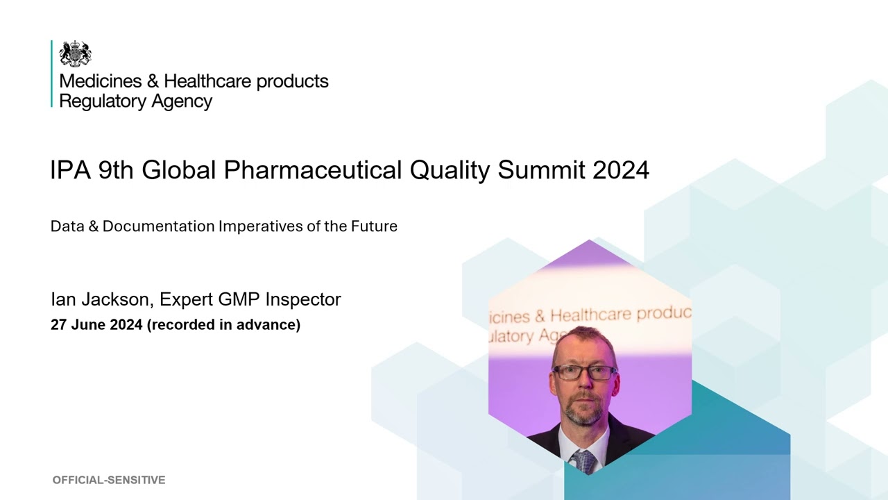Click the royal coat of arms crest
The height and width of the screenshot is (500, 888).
point(76,53)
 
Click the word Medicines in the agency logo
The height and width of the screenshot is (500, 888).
point(101,81)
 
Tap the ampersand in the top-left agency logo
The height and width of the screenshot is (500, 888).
point(153,81)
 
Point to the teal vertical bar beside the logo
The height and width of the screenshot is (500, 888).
point(51,74)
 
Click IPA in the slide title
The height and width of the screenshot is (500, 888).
point(71,170)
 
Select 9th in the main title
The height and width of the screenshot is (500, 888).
point(116,170)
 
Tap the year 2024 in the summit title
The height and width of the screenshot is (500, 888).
point(621,170)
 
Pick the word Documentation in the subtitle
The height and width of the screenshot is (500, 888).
point(159,226)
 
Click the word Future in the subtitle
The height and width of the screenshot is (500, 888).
point(374,226)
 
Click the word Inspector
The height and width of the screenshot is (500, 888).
point(303,299)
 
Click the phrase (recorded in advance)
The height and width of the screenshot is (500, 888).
point(223,324)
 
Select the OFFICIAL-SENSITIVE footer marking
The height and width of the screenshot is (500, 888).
point(109,480)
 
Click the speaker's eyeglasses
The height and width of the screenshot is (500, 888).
point(585,372)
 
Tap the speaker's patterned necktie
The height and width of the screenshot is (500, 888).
point(583,461)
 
